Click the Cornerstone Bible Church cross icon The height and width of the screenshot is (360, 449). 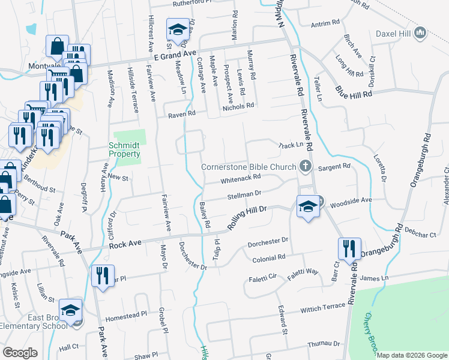(306, 167)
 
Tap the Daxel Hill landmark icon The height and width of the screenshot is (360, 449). (420, 33)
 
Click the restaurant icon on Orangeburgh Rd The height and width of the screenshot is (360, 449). (349, 250)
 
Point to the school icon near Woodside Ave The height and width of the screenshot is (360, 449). (307, 207)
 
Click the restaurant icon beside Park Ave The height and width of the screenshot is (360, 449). (103, 275)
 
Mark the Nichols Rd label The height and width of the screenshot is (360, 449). (238, 106)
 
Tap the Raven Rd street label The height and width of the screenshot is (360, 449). (181, 113)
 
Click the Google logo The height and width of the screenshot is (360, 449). (20, 353)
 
